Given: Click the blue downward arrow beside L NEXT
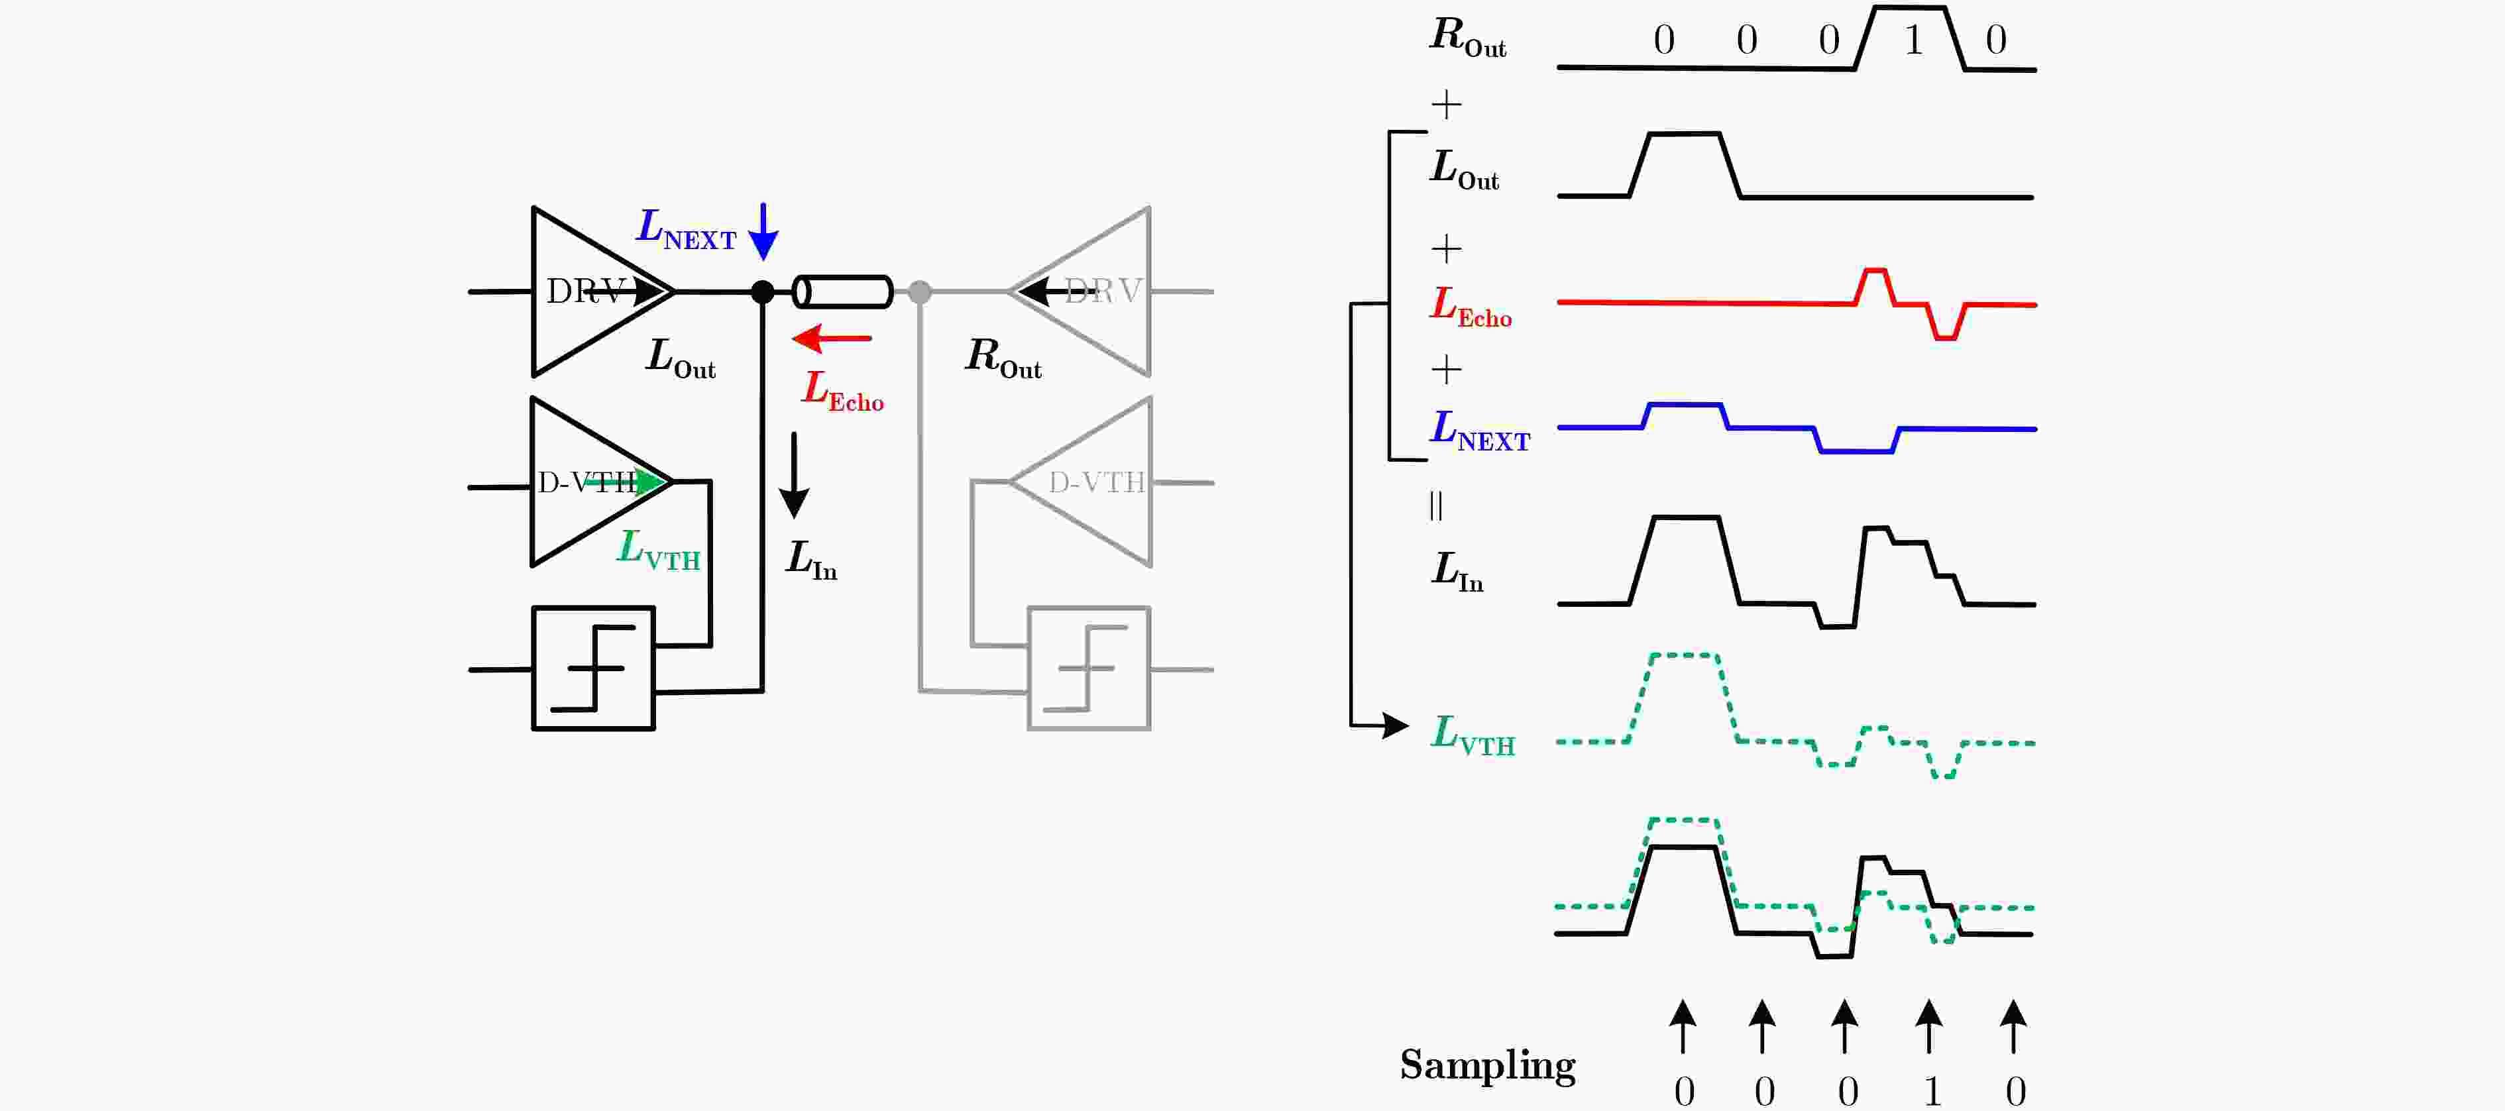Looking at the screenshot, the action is pyautogui.click(x=763, y=231).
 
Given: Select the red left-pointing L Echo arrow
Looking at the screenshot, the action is pyautogui.click(x=832, y=339).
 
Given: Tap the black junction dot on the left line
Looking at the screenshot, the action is pyautogui.click(x=763, y=291).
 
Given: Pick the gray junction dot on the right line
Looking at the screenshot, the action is pyautogui.click(x=920, y=291).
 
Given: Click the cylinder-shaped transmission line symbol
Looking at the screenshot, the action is pyautogui.click(x=843, y=291).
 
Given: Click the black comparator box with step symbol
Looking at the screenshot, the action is pyautogui.click(x=593, y=668).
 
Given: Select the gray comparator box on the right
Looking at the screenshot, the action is pyautogui.click(x=1089, y=668).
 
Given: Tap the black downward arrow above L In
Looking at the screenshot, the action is pyautogui.click(x=795, y=475).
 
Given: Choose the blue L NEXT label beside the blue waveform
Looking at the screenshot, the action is pyautogui.click(x=1480, y=431).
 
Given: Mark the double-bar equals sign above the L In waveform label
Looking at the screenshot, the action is pyautogui.click(x=1436, y=505).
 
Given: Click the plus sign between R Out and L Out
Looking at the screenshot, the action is pyautogui.click(x=1447, y=104).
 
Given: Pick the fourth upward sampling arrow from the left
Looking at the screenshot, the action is pyautogui.click(x=1929, y=1026).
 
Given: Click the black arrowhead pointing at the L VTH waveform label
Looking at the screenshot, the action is pyautogui.click(x=1396, y=725).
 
